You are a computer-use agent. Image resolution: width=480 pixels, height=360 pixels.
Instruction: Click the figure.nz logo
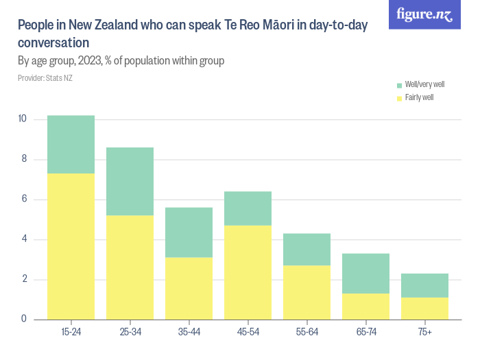click(x=424, y=15)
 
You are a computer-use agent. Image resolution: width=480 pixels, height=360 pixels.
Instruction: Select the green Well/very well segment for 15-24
click(x=71, y=145)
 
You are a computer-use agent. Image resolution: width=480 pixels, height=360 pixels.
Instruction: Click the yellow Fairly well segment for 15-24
click(x=71, y=246)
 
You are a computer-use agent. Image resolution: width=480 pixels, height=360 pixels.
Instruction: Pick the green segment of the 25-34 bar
click(x=130, y=182)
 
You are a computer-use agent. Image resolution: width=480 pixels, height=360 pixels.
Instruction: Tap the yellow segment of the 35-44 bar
click(x=189, y=288)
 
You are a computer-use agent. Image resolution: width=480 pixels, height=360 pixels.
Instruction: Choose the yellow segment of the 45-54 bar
click(x=248, y=272)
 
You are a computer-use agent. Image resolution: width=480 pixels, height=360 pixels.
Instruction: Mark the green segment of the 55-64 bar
click(x=307, y=250)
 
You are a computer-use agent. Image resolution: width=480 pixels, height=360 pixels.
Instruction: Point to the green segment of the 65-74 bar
click(x=365, y=274)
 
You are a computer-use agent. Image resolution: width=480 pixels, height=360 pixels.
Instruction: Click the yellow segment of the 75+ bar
click(x=424, y=308)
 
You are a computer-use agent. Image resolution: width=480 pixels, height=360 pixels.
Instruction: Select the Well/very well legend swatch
click(x=399, y=85)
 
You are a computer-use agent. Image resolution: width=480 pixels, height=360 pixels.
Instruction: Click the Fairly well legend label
click(x=419, y=98)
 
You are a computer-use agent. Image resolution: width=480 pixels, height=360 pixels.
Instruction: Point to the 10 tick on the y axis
click(x=23, y=119)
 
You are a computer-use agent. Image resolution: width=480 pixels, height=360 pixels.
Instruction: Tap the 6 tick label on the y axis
click(x=24, y=200)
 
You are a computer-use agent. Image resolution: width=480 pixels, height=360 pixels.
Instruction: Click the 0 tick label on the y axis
click(x=24, y=319)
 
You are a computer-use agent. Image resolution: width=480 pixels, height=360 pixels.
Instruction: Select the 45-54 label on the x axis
click(x=248, y=333)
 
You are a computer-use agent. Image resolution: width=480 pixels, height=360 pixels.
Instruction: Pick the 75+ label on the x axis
click(x=424, y=333)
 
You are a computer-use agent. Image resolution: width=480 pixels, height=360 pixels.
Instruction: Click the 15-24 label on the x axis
click(x=71, y=333)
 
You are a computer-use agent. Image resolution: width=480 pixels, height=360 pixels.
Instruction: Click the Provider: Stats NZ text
click(x=45, y=78)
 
